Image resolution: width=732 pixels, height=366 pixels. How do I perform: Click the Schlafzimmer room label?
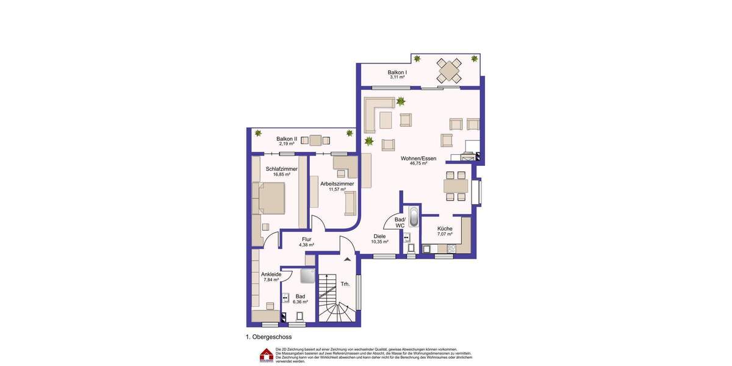(x=281, y=169)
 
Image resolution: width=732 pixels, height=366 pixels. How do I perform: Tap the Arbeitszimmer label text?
(x=337, y=184)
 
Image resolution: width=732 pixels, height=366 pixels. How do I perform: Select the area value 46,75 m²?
(x=418, y=163)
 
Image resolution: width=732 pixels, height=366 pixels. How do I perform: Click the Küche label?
(x=445, y=229)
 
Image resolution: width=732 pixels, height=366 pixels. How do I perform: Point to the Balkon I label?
(x=397, y=73)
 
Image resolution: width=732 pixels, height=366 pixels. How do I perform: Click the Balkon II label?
(x=287, y=139)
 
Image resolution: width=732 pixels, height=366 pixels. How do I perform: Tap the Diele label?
(x=379, y=236)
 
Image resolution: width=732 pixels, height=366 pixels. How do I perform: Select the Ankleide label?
(x=271, y=274)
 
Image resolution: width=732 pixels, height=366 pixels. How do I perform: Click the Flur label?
(x=307, y=239)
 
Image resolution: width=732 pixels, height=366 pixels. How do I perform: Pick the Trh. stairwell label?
(x=345, y=284)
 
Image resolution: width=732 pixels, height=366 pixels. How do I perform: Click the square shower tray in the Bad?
(x=307, y=276)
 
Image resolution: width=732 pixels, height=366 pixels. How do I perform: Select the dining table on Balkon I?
(x=450, y=70)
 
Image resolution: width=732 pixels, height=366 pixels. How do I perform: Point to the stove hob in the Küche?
(x=451, y=249)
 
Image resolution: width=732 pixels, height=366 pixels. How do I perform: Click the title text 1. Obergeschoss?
(x=268, y=337)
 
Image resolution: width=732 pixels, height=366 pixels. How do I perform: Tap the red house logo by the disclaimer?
(x=266, y=355)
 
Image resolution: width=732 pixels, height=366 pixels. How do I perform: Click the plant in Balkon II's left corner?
(x=258, y=133)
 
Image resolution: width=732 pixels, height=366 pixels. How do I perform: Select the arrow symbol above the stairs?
(x=347, y=259)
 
